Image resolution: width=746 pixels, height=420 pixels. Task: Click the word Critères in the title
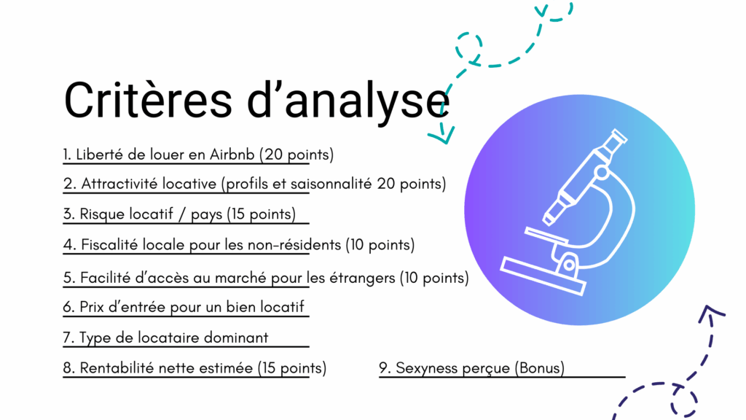[x=148, y=101]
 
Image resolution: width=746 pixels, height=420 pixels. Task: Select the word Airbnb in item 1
[x=232, y=155]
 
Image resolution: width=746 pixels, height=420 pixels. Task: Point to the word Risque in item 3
[x=99, y=214]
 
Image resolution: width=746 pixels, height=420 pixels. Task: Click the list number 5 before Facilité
[x=69, y=278]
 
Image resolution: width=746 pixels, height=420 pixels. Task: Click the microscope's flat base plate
[x=543, y=276]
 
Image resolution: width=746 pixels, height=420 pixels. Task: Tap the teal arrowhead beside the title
[x=441, y=135]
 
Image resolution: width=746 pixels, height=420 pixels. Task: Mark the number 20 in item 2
[x=386, y=183]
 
